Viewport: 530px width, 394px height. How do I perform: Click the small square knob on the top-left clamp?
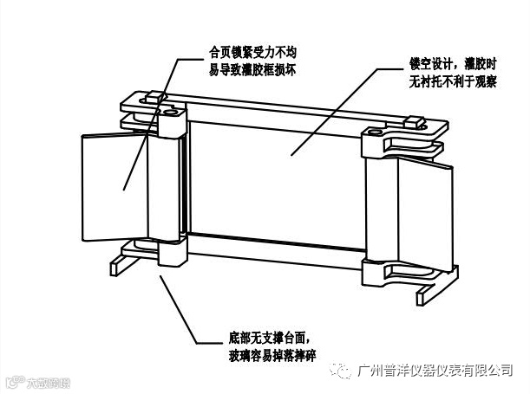154,98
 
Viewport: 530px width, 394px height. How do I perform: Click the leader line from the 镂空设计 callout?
338,113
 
